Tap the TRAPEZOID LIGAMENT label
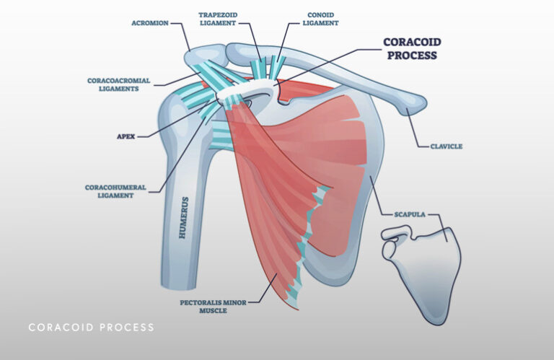[x=219, y=18]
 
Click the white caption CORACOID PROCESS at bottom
[x=91, y=328]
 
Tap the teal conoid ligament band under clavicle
[x=277, y=65]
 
